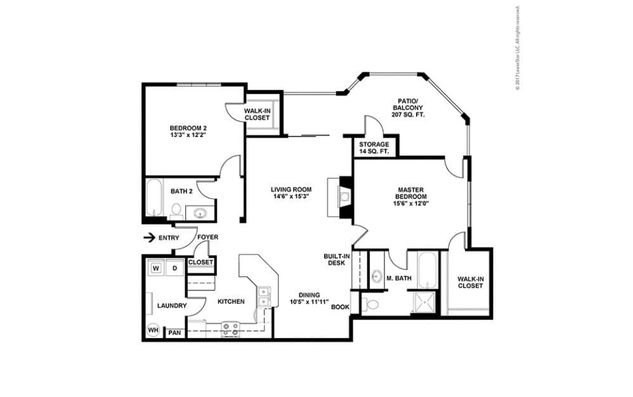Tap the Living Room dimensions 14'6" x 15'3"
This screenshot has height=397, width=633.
pyautogui.click(x=290, y=197)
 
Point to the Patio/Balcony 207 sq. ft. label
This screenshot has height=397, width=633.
pyautogui.click(x=407, y=108)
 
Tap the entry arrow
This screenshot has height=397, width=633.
pyautogui.click(x=150, y=238)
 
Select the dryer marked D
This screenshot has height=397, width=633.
pyautogui.click(x=174, y=268)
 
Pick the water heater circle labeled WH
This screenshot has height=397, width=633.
pyautogui.click(x=153, y=330)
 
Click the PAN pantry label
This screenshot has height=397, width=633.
pyautogui.click(x=174, y=332)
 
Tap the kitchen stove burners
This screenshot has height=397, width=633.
pyautogui.click(x=230, y=328)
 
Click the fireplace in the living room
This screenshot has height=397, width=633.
pyautogui.click(x=344, y=197)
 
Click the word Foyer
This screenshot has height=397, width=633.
pyautogui.click(x=207, y=237)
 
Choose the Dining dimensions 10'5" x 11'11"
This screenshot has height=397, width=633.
pyautogui.click(x=310, y=301)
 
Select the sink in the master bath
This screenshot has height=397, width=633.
pyautogui.click(x=377, y=276)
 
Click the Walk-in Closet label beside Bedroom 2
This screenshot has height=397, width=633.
pyautogui.click(x=259, y=114)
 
